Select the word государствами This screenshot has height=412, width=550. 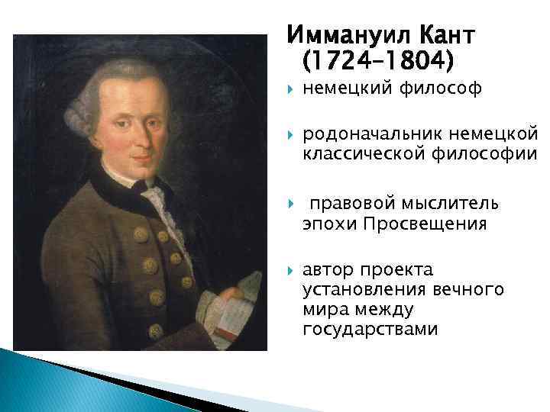tap(370, 329)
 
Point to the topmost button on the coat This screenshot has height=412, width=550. tap(141, 233)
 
